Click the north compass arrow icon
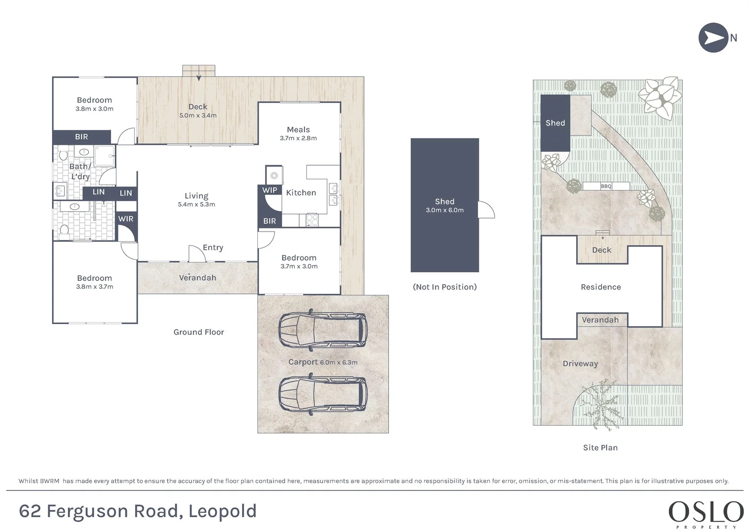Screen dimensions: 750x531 click(713, 37)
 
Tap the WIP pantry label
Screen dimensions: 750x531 click(270, 190)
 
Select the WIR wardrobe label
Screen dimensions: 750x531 click(126, 219)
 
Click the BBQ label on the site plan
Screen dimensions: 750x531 click(606, 186)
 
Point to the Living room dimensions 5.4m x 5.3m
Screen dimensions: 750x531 click(196, 204)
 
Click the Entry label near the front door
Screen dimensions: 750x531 click(213, 247)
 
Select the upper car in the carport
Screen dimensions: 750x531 click(323, 330)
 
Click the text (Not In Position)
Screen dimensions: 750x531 click(444, 287)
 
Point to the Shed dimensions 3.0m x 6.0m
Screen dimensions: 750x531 click(444, 210)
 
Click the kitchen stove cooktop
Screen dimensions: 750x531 click(312, 220)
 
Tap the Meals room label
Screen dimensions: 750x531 click(298, 129)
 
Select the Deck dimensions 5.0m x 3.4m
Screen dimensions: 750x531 click(198, 116)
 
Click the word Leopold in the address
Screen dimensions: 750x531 click(222, 511)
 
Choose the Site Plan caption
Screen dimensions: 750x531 click(600, 447)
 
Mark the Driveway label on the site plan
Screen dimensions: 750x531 click(580, 364)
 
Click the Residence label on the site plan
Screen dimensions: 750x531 click(601, 287)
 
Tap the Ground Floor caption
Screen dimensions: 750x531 click(198, 332)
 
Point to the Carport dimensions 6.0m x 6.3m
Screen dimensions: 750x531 click(338, 362)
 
